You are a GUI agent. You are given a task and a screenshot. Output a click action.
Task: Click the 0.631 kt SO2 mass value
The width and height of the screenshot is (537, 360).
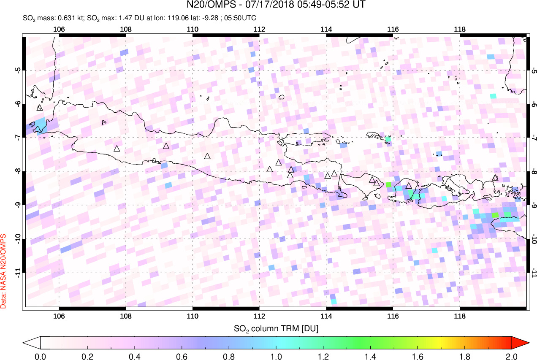(64, 18)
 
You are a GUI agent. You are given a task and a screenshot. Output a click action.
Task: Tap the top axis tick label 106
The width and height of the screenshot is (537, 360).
(59, 29)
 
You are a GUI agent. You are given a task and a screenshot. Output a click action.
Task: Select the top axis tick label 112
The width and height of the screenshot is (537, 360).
(259, 29)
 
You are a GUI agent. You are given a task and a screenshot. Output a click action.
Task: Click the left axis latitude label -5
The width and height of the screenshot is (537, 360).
(18, 70)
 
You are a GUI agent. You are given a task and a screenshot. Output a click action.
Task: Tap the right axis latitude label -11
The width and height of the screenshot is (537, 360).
(534, 273)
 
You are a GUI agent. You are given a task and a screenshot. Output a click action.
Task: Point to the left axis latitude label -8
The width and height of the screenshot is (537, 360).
(18, 171)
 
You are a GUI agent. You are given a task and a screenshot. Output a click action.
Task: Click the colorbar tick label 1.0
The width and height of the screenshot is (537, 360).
(276, 356)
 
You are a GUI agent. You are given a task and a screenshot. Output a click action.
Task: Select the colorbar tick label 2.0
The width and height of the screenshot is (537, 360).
(511, 356)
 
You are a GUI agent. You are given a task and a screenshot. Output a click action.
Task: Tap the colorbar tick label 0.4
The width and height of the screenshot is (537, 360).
(135, 356)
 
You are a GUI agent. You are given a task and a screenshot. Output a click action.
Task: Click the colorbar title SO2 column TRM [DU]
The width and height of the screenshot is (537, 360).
(276, 328)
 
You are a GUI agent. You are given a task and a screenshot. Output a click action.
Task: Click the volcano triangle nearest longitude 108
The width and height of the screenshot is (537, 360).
(117, 149)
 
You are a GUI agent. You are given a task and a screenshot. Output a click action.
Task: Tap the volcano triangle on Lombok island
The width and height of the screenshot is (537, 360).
(408, 186)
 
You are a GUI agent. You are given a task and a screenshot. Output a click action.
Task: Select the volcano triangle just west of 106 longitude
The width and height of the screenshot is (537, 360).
(40, 108)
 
